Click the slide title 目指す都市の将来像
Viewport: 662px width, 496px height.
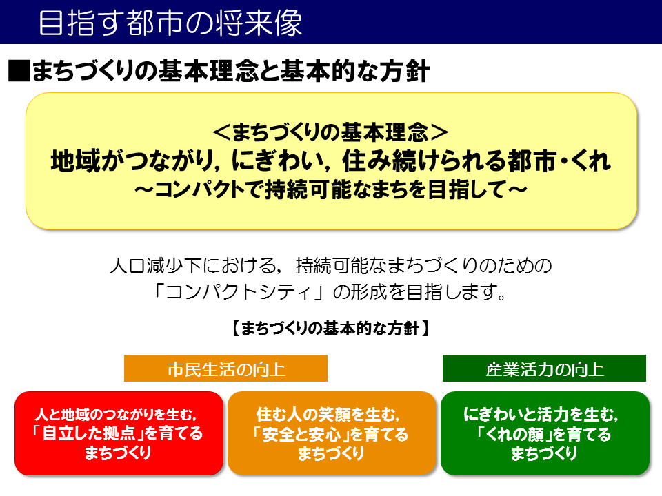(x=170, y=23)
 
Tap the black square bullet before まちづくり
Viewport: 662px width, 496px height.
(x=19, y=70)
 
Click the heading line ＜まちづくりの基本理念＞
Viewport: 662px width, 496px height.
(x=330, y=132)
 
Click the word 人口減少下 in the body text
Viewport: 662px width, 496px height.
(x=155, y=266)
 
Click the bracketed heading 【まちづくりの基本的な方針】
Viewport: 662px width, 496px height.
(x=330, y=328)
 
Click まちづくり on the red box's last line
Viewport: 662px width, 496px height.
(x=118, y=453)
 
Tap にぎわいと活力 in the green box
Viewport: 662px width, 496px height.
(x=516, y=415)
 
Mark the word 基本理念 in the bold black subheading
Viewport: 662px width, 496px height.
(x=208, y=70)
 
